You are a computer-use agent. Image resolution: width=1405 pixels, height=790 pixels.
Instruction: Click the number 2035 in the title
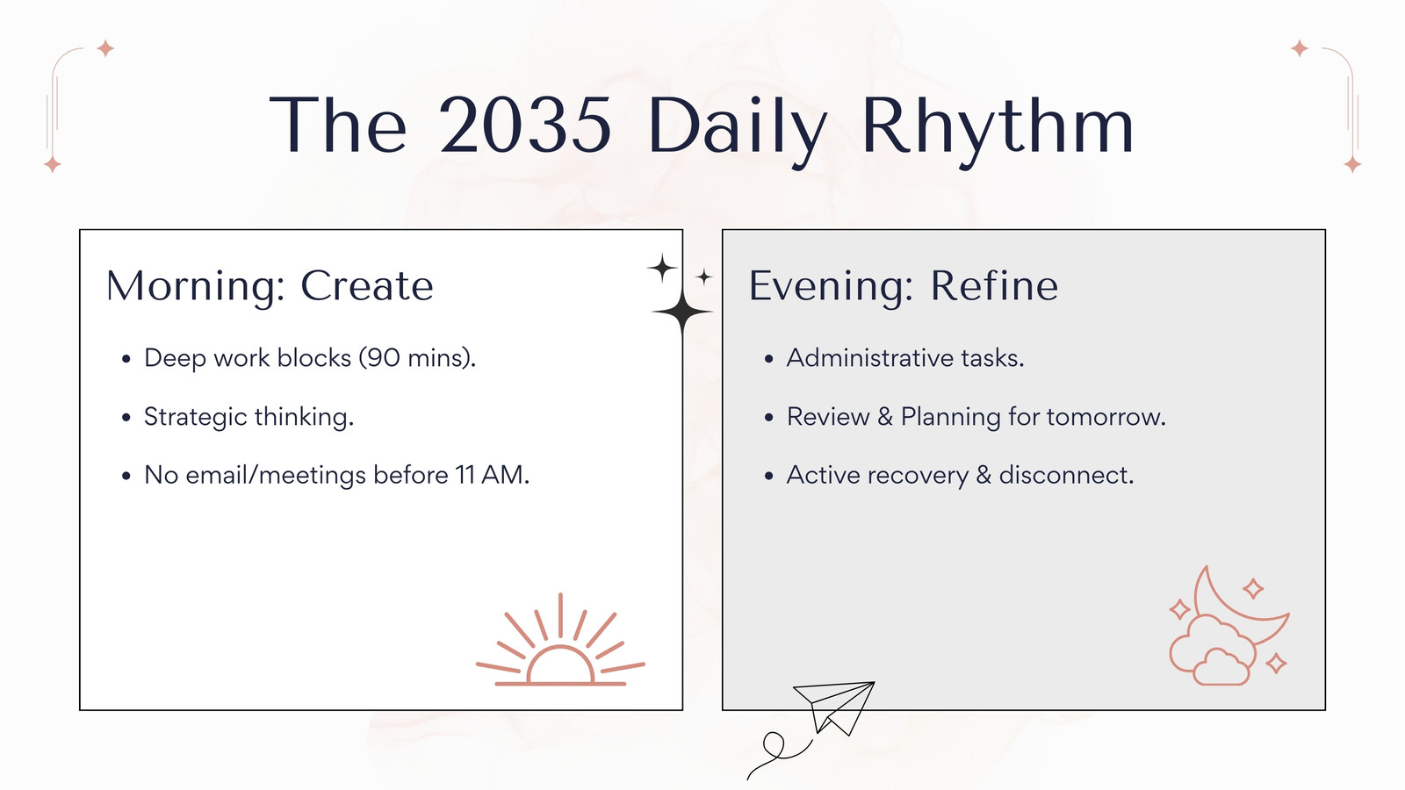tap(525, 125)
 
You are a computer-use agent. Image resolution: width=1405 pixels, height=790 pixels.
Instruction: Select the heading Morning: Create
tap(270, 286)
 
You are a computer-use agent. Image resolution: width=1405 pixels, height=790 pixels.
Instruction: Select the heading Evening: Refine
tap(904, 286)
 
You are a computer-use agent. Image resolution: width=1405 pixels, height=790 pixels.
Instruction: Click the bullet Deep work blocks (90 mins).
tap(311, 358)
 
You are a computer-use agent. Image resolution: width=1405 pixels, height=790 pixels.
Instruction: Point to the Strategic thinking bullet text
tap(249, 417)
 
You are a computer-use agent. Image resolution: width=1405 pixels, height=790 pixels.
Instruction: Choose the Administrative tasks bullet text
tap(905, 358)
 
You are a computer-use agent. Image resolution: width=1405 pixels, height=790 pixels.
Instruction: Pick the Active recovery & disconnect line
tap(961, 475)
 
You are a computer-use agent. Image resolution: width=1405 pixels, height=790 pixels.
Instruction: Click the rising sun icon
tap(561, 640)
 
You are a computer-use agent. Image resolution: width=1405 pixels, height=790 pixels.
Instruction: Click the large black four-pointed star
tap(681, 312)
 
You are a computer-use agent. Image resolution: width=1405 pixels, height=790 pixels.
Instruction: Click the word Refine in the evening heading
tap(994, 286)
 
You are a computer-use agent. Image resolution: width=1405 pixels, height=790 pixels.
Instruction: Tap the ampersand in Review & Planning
tap(885, 417)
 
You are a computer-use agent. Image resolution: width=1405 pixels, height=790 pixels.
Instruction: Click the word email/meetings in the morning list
tap(276, 475)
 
